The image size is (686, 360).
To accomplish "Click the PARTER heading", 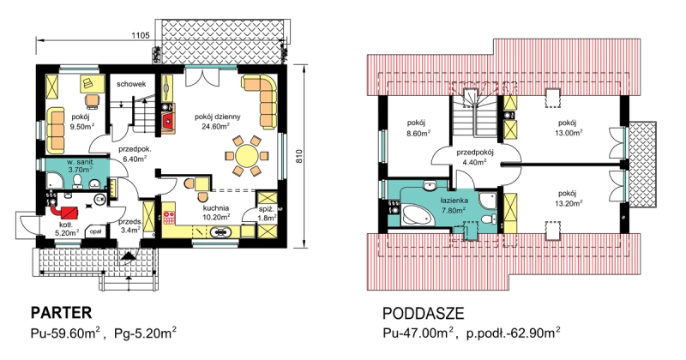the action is pos(61,313).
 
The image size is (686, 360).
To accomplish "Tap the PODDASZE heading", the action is pos(423,314).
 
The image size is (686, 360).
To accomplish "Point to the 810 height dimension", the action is pos(299,156).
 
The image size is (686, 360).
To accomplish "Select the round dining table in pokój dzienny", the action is pos(247,155).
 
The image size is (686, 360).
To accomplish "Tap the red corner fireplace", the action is pos(168,122).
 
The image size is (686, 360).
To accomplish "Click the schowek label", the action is pos(131,84).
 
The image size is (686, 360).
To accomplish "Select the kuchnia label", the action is pos(215,208).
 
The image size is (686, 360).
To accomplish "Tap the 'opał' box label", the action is pos(95,231).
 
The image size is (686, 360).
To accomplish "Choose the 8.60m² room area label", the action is pos(418,134).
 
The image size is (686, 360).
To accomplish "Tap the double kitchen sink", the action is pos(222,231).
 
